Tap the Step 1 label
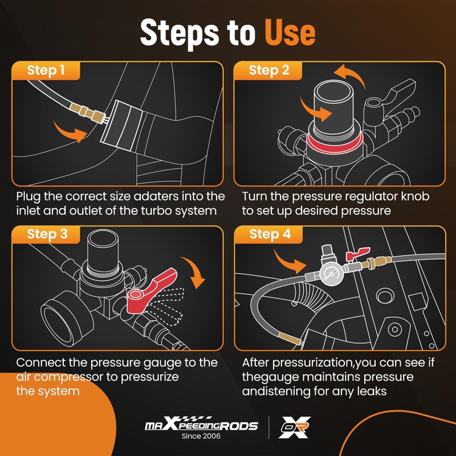pyautogui.click(x=46, y=70)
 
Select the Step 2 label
pyautogui.click(x=269, y=70)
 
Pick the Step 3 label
pyautogui.click(x=47, y=234)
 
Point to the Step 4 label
pyautogui.click(x=270, y=234)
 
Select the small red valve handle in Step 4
pyautogui.click(x=357, y=254)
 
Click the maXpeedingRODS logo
pyautogui.click(x=201, y=424)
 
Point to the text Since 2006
pyautogui.click(x=201, y=436)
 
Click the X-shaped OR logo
pyautogui.click(x=295, y=427)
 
